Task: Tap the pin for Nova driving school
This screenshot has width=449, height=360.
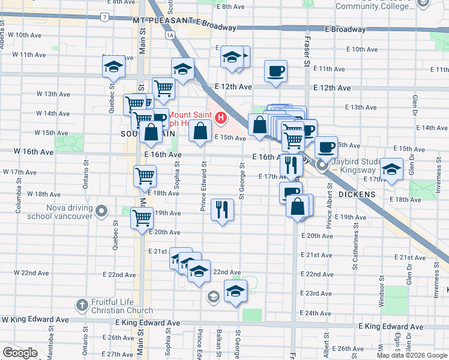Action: coord(101,211)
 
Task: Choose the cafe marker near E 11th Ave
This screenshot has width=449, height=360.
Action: coord(276,71)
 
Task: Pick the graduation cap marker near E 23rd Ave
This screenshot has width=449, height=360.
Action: coord(235,292)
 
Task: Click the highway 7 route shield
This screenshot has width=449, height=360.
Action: coord(105,17)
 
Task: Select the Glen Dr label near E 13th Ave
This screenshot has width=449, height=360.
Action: coord(414,106)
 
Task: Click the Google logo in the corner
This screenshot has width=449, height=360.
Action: coord(20,353)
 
